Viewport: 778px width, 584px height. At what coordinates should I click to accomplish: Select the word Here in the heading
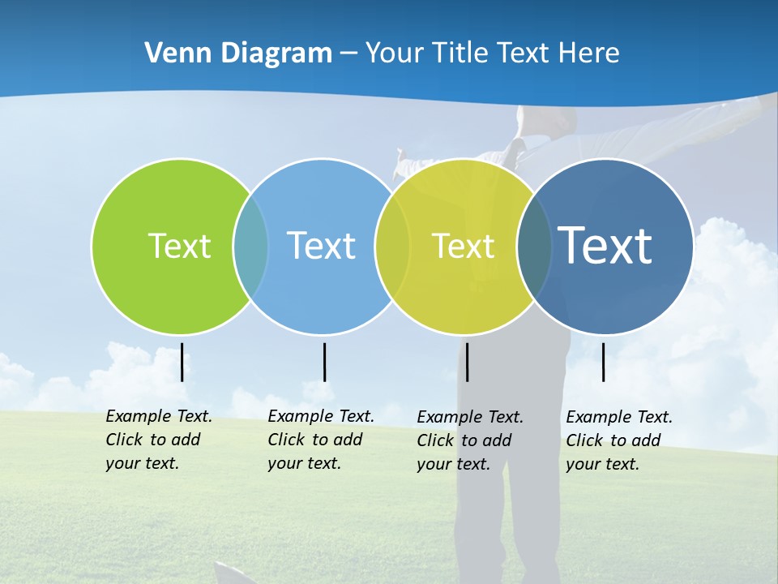tap(588, 53)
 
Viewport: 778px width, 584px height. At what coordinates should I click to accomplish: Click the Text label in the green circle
tap(179, 246)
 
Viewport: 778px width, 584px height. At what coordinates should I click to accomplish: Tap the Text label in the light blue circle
tap(321, 246)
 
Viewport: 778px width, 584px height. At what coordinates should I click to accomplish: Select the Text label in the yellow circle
tap(463, 246)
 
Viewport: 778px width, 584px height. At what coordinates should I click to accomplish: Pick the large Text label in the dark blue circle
tap(605, 245)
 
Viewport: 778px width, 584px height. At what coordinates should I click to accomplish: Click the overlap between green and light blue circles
tap(250, 247)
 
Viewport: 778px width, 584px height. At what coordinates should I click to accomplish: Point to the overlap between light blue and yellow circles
tap(392, 247)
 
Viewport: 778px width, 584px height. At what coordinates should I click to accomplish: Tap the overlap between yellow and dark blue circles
tap(534, 247)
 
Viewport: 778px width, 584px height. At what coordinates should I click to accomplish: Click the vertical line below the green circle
tap(182, 362)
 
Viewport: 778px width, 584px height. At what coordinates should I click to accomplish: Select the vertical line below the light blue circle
tap(324, 362)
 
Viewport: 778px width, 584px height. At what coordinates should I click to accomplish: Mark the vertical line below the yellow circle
tap(467, 362)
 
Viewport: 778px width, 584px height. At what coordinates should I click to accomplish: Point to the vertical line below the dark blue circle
tap(603, 362)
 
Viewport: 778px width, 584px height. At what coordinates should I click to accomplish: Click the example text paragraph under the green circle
tap(158, 440)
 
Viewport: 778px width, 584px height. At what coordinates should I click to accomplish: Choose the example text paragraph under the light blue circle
tap(320, 440)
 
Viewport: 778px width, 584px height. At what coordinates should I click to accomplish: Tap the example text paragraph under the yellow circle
tap(469, 440)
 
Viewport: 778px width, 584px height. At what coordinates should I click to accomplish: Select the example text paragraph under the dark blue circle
tap(618, 440)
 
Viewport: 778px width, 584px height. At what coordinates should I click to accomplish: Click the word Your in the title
tap(394, 53)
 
